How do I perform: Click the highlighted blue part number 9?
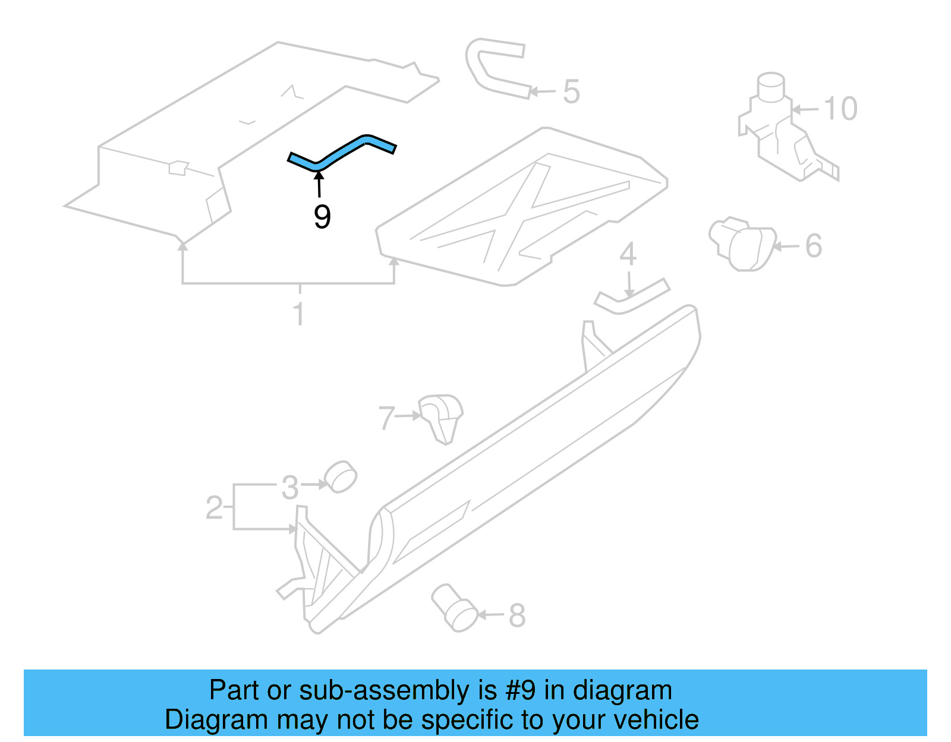pos(342,152)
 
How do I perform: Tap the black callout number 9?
pos(322,217)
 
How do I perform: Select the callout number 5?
pos(571,92)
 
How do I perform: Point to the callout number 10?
pos(840,109)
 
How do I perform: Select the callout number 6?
pos(813,246)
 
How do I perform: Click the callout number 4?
pos(628,254)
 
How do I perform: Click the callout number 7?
pos(386,418)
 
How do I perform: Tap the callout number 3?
pos(289,488)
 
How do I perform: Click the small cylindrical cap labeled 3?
pos(340,476)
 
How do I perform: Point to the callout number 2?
pos(214,508)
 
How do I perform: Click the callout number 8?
pos(517,615)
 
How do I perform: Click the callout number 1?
pos(299,314)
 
